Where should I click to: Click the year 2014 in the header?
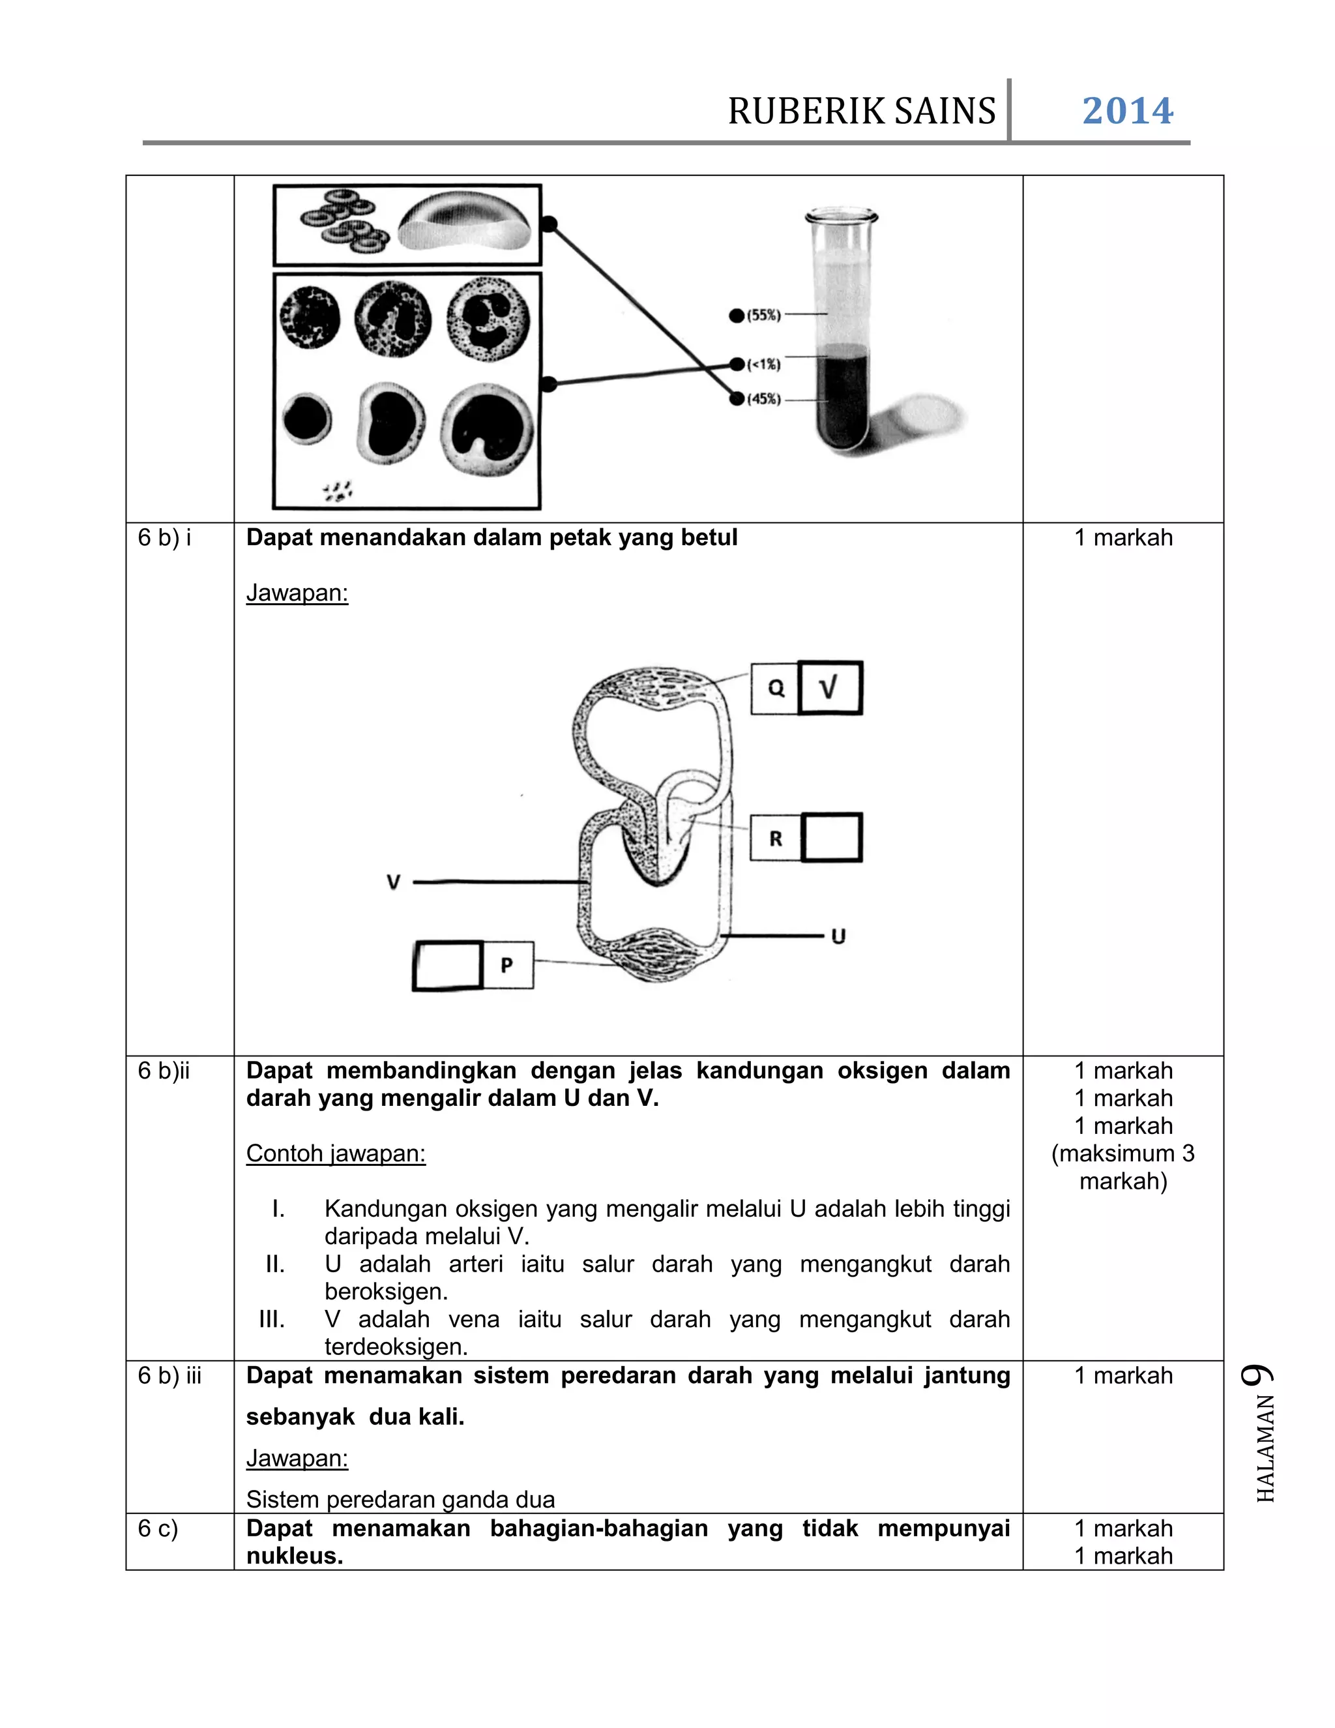(x=1127, y=111)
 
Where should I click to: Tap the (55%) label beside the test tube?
(x=763, y=315)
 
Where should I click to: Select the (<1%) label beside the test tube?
(x=763, y=364)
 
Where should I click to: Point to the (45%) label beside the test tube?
(x=763, y=399)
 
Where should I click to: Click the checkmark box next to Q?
(x=830, y=687)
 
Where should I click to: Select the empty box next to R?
(x=831, y=837)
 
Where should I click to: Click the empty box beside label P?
(x=448, y=964)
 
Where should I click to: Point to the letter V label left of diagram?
(x=393, y=882)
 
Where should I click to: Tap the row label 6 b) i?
(x=164, y=538)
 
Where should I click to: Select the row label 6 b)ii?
(x=164, y=1071)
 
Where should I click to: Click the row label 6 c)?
(x=158, y=1528)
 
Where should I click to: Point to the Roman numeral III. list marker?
(x=272, y=1319)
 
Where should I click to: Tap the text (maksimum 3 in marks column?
(x=1122, y=1153)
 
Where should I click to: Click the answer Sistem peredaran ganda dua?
(x=400, y=1499)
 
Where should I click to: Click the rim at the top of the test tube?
(x=842, y=216)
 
